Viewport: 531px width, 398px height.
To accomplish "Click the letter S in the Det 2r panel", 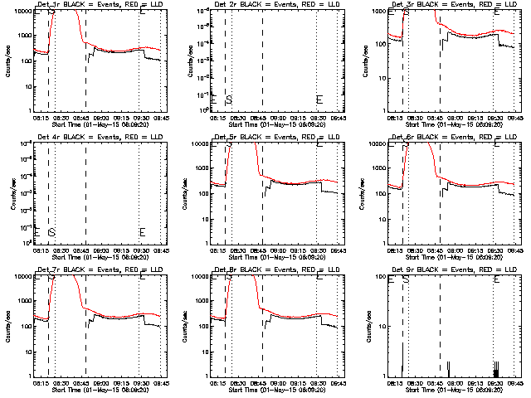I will point(229,99).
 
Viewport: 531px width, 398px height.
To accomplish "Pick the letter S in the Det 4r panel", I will point(51,232).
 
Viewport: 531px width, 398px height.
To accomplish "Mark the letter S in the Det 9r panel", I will point(406,279).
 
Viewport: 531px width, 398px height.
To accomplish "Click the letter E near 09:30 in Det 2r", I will point(319,99).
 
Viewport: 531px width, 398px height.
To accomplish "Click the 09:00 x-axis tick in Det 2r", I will point(276,118).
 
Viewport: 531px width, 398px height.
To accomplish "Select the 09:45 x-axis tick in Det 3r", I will point(515,118).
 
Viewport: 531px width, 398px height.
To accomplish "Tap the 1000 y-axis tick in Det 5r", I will point(198,168).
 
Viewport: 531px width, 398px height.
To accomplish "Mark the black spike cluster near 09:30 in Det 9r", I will point(496,370).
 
